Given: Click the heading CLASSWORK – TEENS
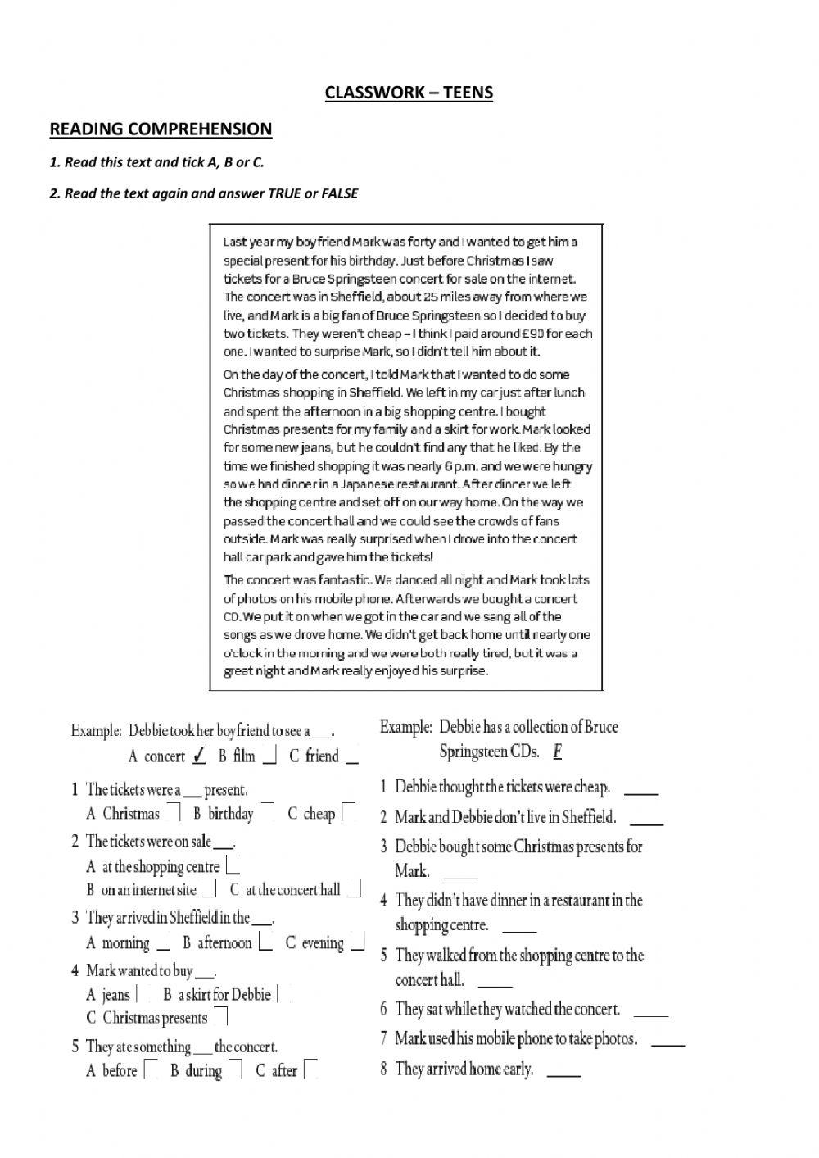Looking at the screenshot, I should click(409, 92).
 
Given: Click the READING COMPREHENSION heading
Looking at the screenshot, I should click(161, 129).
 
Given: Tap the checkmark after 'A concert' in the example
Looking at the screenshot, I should click(198, 756).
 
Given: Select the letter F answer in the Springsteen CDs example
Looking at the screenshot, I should click(557, 751).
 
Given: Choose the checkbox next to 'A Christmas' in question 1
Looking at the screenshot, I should click(174, 812).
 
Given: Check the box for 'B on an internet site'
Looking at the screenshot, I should click(210, 890).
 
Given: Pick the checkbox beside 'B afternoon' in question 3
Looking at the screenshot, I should click(265, 942).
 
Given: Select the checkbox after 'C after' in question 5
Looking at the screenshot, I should click(310, 1069).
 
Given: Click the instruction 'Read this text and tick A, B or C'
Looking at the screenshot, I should click(157, 162).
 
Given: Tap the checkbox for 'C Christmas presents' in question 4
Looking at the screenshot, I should click(220, 1018).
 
